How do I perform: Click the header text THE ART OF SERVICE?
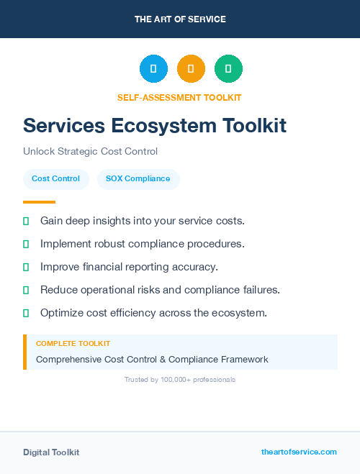click(180, 19)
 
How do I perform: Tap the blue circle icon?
click(153, 69)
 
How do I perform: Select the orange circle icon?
click(191, 69)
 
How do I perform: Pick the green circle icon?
click(228, 69)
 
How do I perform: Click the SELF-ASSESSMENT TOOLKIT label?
click(179, 97)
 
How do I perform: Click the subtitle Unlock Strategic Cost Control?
click(90, 152)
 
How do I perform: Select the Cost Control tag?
click(55, 179)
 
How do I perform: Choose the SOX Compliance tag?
click(138, 179)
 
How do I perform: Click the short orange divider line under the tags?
click(39, 202)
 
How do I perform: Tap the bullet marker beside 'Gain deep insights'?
click(26, 221)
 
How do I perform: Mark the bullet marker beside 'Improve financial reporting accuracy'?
click(26, 267)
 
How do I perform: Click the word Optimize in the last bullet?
click(63, 313)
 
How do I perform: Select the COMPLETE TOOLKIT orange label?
click(73, 344)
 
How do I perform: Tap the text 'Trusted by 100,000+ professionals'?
click(179, 379)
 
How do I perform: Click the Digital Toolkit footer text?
click(51, 452)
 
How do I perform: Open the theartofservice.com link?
click(299, 452)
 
